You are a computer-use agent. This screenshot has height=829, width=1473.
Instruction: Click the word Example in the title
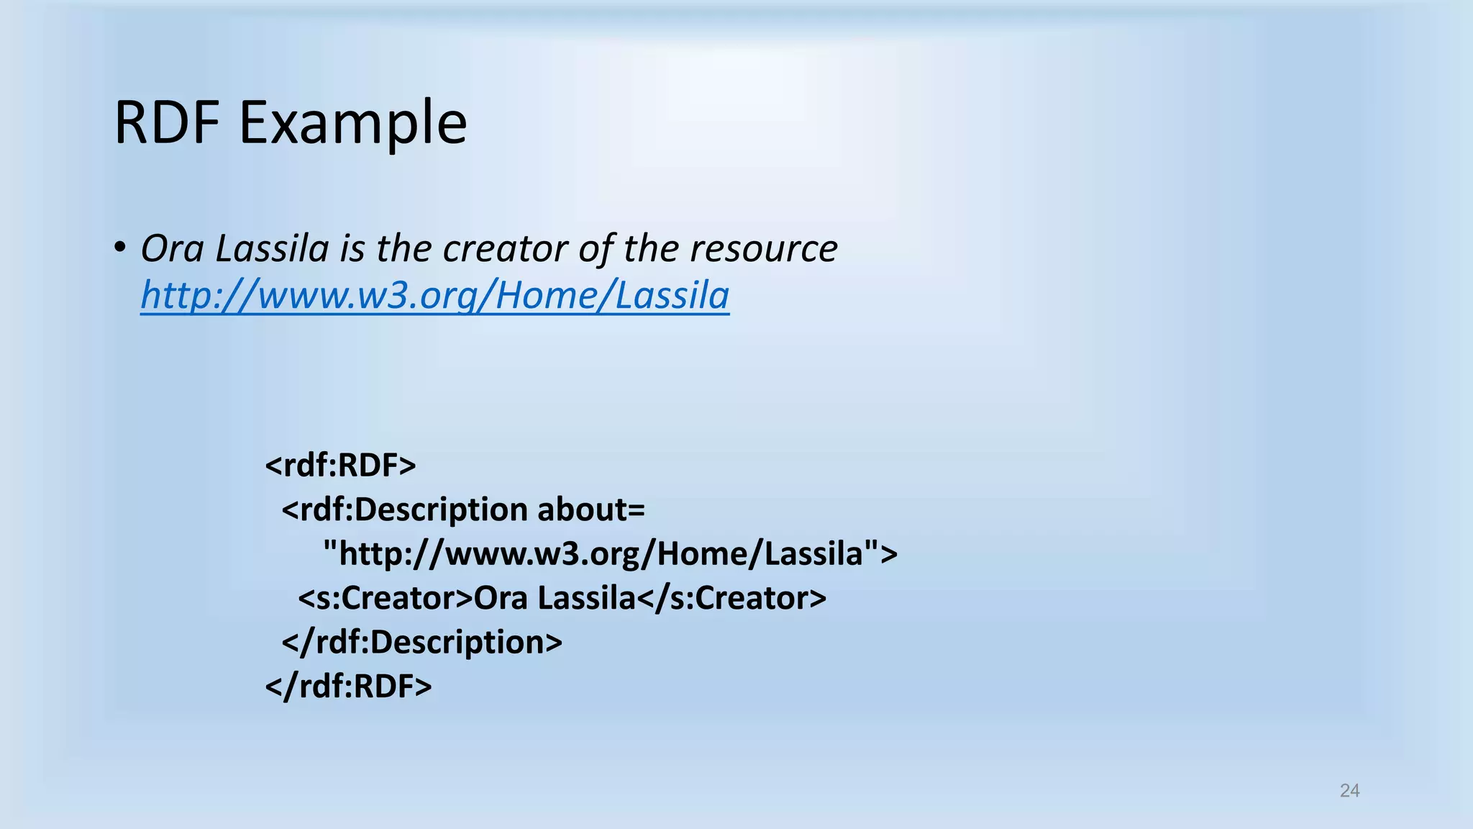tap(352, 124)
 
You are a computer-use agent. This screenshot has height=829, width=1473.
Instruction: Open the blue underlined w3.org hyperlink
tap(434, 296)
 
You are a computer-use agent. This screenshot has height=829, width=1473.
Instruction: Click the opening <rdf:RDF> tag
tap(340, 466)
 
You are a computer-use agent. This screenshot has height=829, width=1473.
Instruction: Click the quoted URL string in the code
tap(608, 554)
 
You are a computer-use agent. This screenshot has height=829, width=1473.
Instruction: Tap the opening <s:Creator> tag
tap(386, 598)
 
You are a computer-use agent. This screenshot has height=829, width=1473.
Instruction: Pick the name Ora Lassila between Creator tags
tap(555, 598)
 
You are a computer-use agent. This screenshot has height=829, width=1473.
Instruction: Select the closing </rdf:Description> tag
tap(421, 642)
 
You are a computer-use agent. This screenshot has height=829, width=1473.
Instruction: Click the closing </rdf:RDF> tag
tap(348, 687)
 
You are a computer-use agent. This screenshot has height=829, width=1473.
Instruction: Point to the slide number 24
tap(1349, 791)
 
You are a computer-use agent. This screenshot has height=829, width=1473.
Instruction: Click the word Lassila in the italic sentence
tap(272, 249)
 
